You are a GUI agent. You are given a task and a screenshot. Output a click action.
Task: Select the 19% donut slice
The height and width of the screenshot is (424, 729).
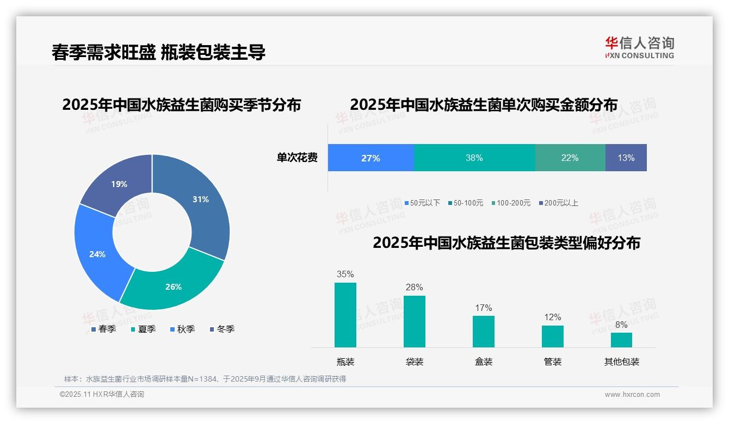pos(119,184)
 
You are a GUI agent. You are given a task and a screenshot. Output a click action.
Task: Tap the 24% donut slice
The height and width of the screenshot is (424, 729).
pos(97,254)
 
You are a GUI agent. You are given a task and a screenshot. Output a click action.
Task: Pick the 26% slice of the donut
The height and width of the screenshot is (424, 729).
pos(174,286)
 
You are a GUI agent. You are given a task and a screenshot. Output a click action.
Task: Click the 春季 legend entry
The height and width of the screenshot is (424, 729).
pos(103,329)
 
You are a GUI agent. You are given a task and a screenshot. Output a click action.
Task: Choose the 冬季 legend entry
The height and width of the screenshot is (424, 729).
pos(222,329)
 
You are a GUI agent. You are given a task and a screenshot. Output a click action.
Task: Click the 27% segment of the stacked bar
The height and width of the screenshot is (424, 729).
pos(370,158)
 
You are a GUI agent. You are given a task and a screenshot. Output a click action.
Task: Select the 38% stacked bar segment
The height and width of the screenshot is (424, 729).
pos(474,158)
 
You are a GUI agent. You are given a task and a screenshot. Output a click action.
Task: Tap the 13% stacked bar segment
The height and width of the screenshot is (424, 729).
pos(626,158)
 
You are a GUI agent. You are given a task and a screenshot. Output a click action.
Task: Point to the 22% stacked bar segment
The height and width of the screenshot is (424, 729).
pos(570,158)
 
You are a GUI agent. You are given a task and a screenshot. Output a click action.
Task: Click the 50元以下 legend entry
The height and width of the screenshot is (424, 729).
pos(422,203)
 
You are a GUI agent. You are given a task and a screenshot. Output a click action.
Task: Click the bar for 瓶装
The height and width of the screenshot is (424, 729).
pos(345,315)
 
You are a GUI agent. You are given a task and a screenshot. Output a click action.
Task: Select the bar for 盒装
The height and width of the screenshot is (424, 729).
pos(484,331)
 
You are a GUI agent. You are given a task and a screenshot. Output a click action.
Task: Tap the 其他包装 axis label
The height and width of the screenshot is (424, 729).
pos(622,361)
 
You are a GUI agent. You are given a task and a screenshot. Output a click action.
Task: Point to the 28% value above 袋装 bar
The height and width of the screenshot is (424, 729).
pos(415,288)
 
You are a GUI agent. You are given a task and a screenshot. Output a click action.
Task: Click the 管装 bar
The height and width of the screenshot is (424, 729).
pos(553,336)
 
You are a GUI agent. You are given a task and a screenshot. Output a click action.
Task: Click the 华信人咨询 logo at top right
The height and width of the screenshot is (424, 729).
pos(639,47)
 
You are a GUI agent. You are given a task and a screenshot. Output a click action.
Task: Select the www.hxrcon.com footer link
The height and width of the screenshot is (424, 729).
pos(632,395)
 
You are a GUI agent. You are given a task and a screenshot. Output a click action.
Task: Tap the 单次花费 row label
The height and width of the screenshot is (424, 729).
pos(297,158)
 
